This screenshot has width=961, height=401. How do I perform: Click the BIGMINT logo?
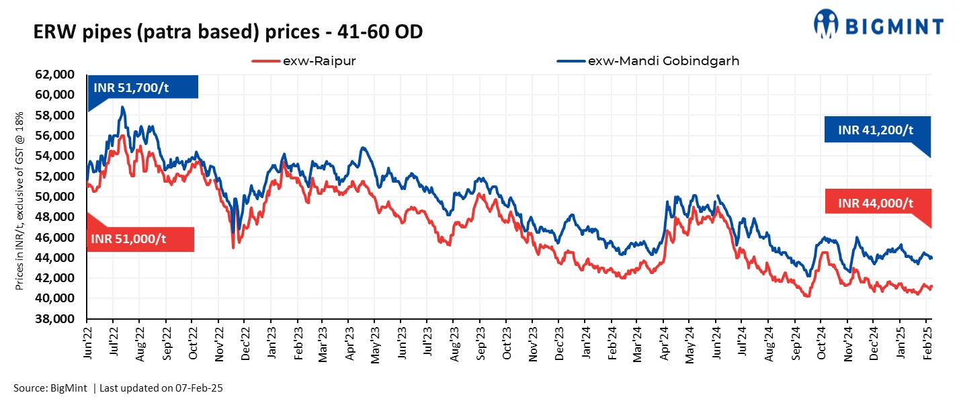tap(878, 26)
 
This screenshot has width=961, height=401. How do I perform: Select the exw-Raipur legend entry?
tap(303, 61)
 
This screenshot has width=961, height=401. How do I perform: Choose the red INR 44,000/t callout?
tap(878, 202)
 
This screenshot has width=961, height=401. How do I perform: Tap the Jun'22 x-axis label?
tap(88, 345)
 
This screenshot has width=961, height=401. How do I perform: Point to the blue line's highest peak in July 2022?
tap(122, 107)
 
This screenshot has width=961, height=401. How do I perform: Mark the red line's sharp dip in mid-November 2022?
tap(233, 247)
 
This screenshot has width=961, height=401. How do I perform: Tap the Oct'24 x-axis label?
tap(821, 345)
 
